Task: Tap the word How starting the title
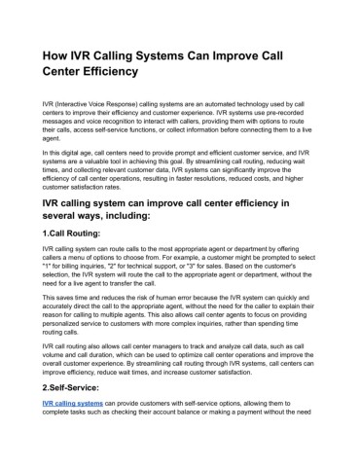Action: [50, 52]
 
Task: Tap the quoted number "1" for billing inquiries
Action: [37, 280]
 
